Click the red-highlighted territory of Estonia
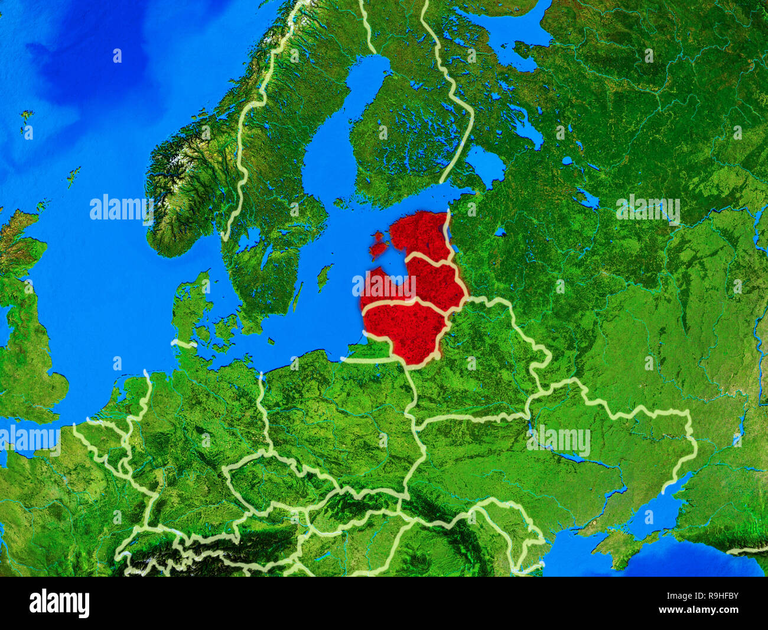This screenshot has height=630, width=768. click(x=419, y=234)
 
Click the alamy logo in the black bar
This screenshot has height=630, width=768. click(x=60, y=603)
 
